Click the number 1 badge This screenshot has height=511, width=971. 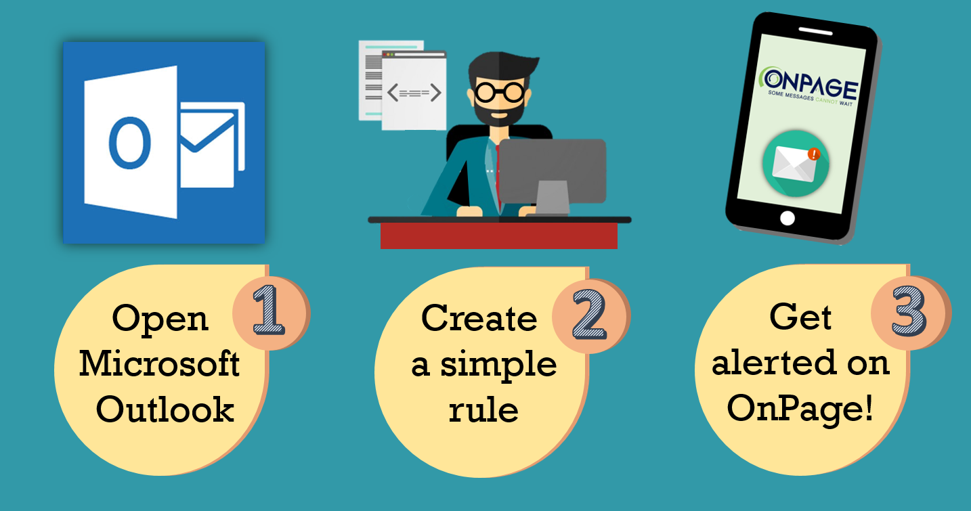(x=269, y=311)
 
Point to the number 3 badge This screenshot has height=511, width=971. (x=908, y=311)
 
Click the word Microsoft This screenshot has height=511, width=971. (x=160, y=365)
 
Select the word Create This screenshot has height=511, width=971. (x=479, y=318)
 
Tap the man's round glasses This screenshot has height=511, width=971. (x=500, y=90)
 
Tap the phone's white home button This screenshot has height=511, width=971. (x=787, y=218)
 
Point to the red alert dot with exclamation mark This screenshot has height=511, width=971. (x=814, y=154)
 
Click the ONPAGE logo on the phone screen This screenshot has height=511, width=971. (x=809, y=85)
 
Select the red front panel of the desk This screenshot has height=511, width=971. (x=498, y=236)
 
